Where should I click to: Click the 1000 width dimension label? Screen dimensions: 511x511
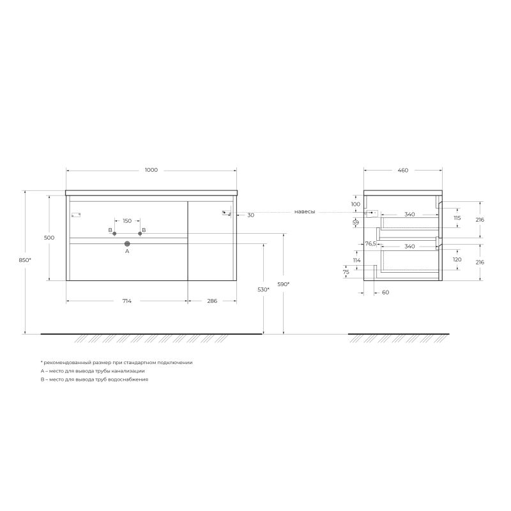click(x=151, y=170)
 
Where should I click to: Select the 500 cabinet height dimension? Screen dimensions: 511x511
click(x=49, y=238)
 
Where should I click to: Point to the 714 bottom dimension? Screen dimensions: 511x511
click(x=127, y=301)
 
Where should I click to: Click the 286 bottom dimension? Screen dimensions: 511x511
click(x=211, y=301)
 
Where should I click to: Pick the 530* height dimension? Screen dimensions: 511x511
click(x=263, y=290)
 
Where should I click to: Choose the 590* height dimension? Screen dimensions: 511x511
click(x=284, y=284)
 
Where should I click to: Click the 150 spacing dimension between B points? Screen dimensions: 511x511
click(x=127, y=221)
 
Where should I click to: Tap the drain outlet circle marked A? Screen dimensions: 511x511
click(x=127, y=243)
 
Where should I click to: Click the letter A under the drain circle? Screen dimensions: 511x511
click(x=127, y=252)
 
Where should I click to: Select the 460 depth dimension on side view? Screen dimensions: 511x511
click(x=402, y=171)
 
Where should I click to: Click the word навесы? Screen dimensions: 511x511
click(x=305, y=211)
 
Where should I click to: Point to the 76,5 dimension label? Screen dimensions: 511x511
click(x=370, y=243)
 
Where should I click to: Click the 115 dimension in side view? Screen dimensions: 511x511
click(x=457, y=218)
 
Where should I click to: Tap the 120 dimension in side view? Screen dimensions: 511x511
click(x=457, y=260)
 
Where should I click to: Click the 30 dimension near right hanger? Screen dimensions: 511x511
click(x=250, y=215)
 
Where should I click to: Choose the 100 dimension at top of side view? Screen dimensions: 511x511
click(x=356, y=204)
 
